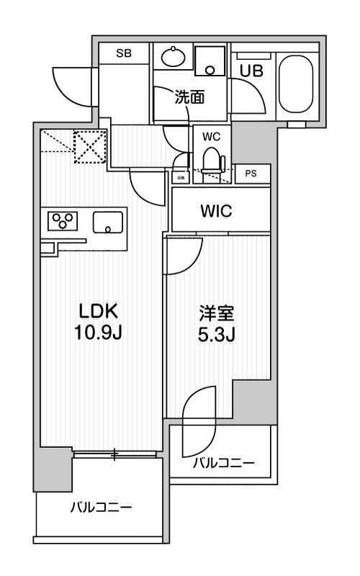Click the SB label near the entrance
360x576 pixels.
(x=124, y=53)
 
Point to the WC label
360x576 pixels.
(x=211, y=135)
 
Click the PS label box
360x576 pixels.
(x=250, y=174)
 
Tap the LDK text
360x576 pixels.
(x=98, y=311)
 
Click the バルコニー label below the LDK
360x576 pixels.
(x=101, y=508)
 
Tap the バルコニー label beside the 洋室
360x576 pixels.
(x=223, y=463)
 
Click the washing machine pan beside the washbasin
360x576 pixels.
(x=211, y=60)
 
